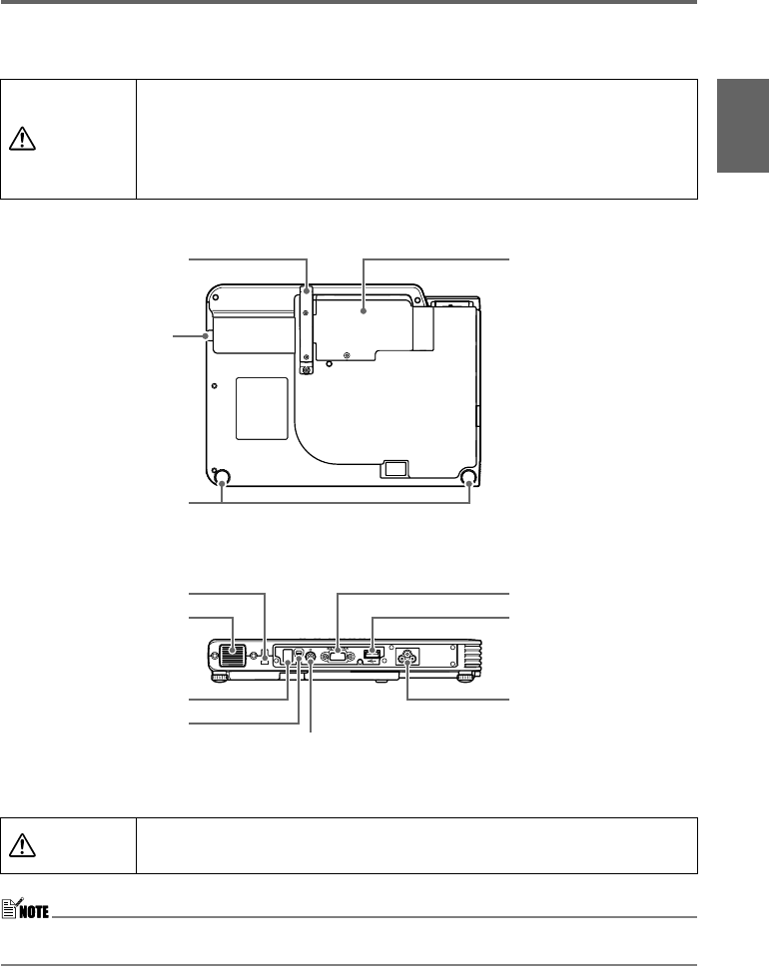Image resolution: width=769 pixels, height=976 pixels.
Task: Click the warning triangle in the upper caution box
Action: [22, 138]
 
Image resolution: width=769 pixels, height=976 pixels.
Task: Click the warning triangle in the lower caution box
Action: [22, 844]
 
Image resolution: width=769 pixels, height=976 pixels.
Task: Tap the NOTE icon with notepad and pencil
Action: [25, 909]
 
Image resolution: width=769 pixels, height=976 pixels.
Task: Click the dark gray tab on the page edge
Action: [743, 125]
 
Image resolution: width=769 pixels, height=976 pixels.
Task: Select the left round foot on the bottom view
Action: [221, 478]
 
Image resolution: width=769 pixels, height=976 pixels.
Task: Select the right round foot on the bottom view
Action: [469, 478]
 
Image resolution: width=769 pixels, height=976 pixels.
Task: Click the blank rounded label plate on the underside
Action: [262, 408]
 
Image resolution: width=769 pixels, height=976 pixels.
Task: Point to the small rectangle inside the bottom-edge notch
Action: [395, 468]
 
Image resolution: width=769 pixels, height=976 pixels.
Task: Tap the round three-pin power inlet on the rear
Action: [407, 657]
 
